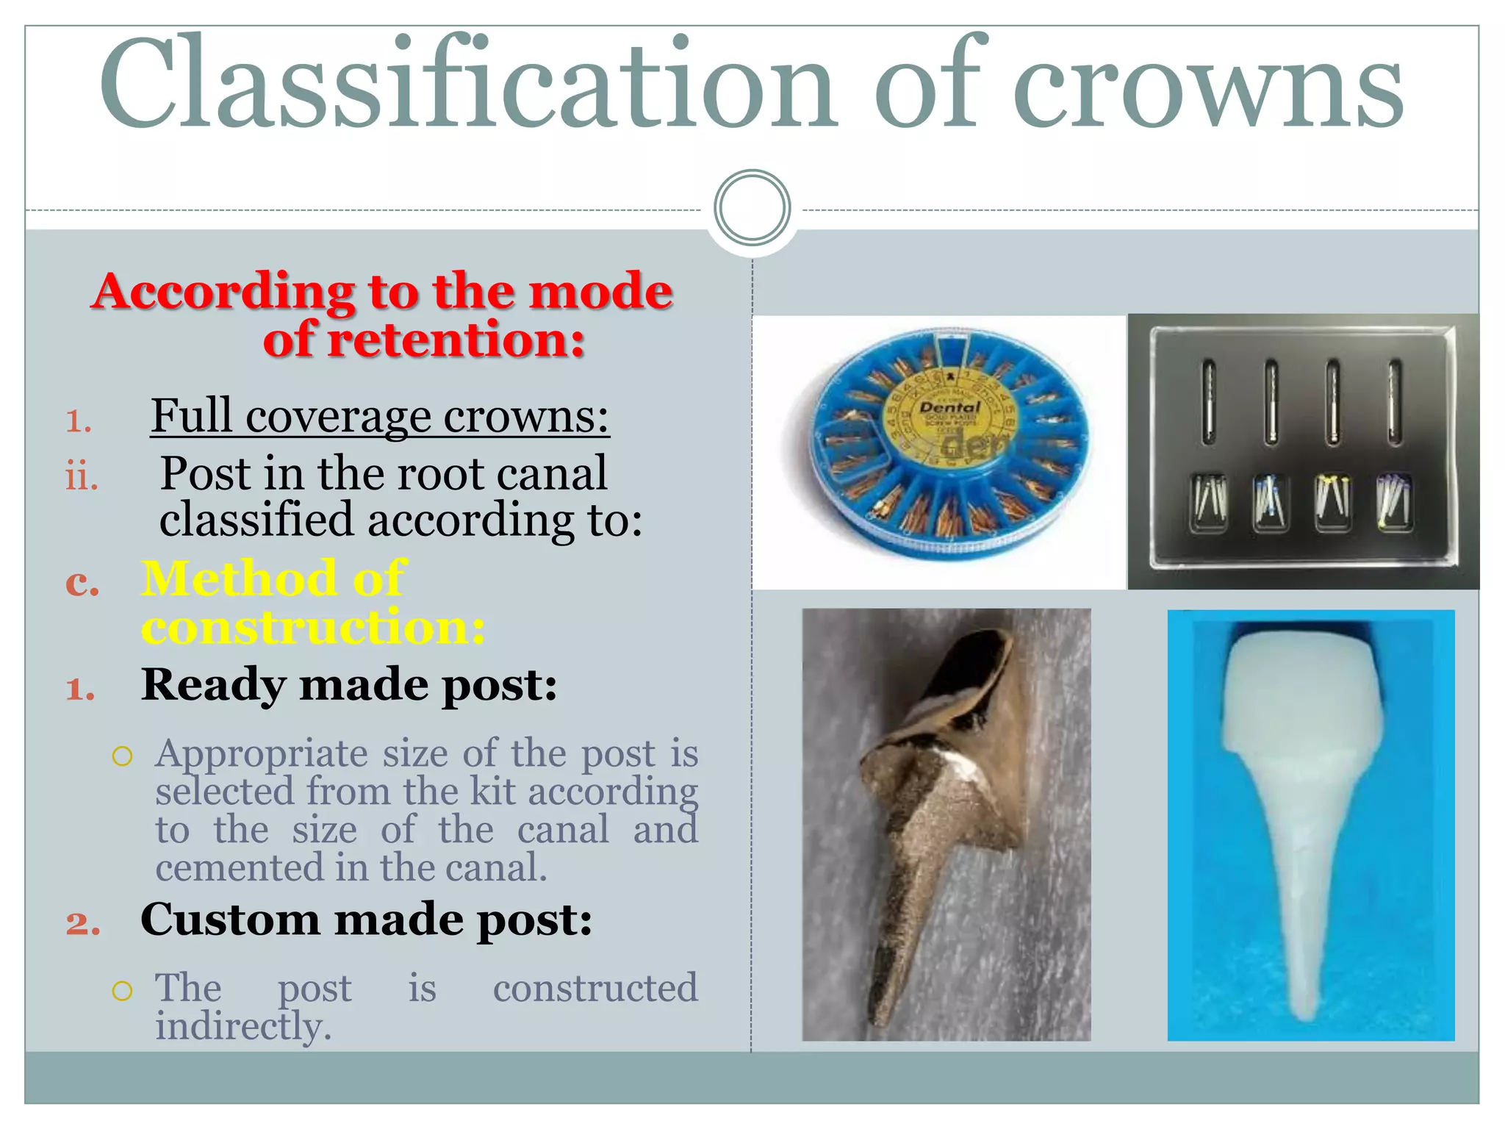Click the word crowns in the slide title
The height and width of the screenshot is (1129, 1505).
click(1208, 88)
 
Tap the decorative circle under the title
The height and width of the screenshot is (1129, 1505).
click(752, 208)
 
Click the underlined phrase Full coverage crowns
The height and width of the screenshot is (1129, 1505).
click(380, 416)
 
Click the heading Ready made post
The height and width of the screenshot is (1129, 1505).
click(349, 685)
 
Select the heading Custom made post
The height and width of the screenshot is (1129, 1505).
click(366, 920)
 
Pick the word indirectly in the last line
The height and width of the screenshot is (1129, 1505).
click(243, 1026)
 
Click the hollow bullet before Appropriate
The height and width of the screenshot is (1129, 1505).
click(122, 756)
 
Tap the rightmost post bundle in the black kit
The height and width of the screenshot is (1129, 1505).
click(1393, 502)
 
